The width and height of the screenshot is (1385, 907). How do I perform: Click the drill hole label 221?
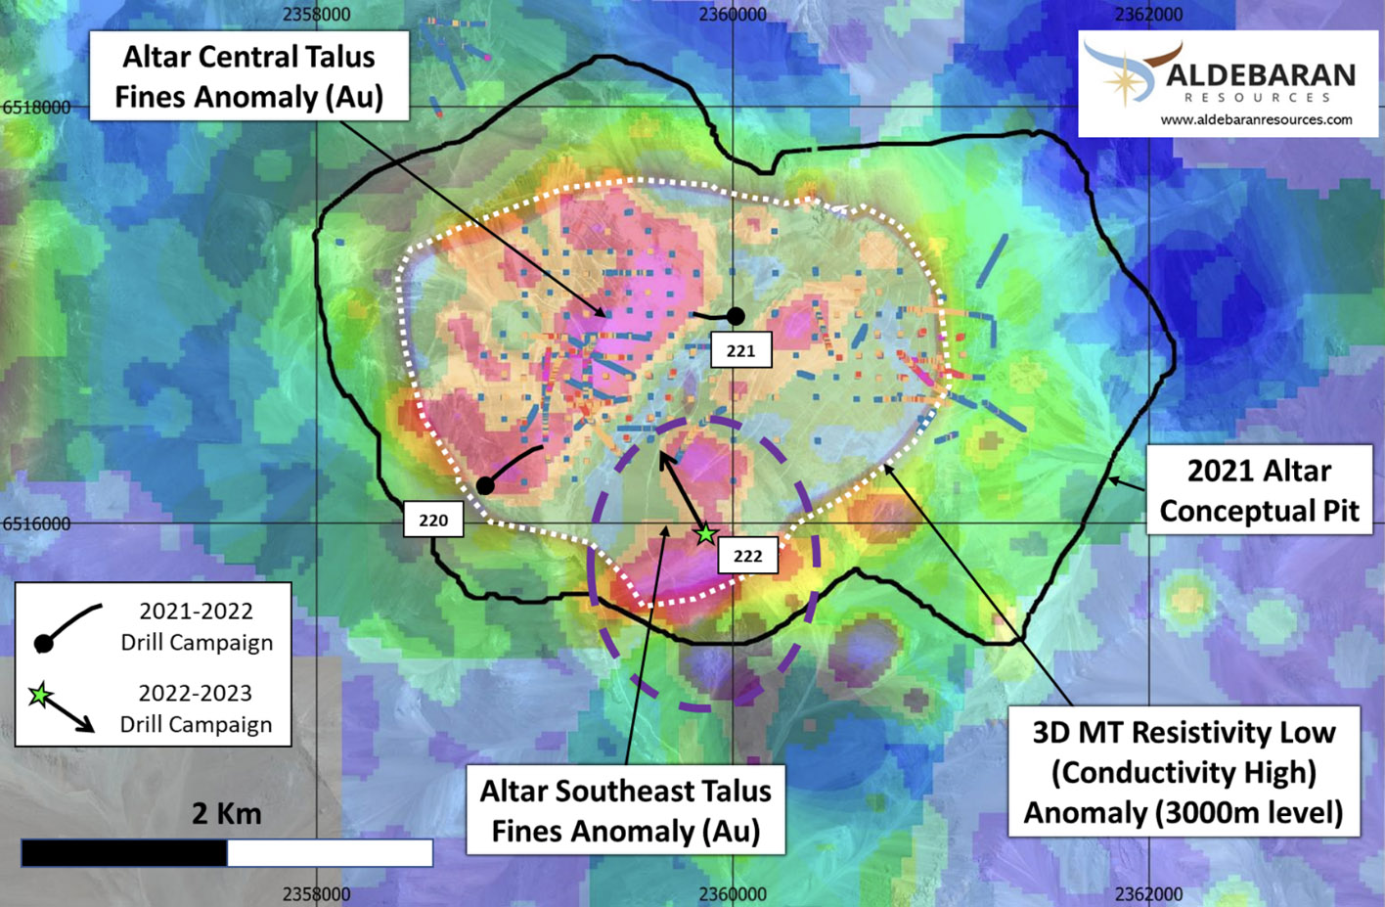click(740, 350)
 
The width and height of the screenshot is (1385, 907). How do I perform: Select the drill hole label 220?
click(433, 520)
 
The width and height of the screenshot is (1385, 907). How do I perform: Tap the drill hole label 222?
click(747, 556)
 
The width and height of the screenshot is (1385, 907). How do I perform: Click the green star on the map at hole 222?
click(705, 534)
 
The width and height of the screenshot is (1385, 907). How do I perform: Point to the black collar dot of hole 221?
click(736, 316)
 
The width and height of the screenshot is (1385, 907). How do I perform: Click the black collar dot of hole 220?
click(485, 485)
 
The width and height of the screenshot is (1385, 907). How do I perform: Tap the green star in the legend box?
click(39, 696)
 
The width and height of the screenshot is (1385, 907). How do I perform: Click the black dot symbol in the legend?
click(43, 643)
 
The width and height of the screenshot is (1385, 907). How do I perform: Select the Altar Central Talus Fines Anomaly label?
click(248, 76)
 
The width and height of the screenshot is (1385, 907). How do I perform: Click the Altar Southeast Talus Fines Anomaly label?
click(625, 810)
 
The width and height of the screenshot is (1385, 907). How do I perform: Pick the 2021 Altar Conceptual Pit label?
click(1259, 491)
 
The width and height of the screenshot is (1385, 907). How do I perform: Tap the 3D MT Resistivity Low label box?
click(1184, 772)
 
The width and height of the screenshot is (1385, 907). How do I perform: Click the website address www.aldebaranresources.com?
click(1257, 119)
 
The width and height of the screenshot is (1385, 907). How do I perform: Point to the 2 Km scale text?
click(226, 813)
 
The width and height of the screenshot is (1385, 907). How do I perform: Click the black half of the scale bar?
click(124, 853)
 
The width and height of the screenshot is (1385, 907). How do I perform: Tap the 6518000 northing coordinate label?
click(36, 107)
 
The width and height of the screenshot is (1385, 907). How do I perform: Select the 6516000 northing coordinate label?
click(36, 523)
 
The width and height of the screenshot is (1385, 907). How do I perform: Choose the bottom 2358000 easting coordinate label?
click(316, 893)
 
